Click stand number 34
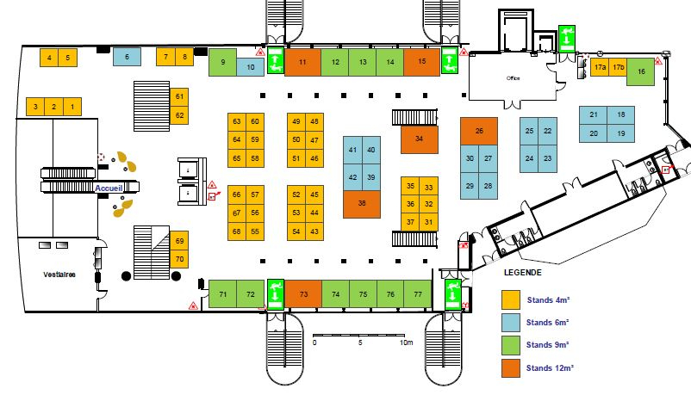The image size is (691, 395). [419, 139]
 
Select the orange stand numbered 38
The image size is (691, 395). [362, 204]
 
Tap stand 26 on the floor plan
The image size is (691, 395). [479, 131]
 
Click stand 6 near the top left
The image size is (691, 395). [127, 58]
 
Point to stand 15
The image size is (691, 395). [421, 62]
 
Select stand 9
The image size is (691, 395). [223, 62]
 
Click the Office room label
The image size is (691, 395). [513, 78]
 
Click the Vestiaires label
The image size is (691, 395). [59, 275]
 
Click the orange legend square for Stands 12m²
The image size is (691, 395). [512, 368]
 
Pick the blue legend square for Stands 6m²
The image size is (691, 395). [512, 322]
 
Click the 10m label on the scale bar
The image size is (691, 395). [407, 343]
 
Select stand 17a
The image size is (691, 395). [601, 66]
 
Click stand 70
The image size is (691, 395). [179, 259]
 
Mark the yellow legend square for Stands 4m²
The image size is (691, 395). [512, 299]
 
